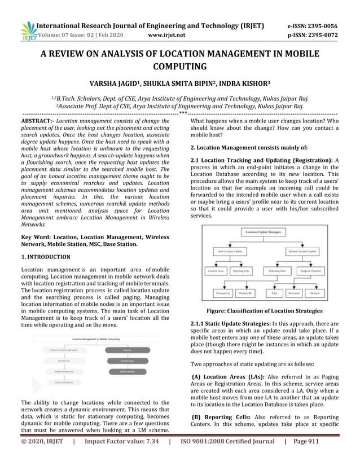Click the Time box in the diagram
274,293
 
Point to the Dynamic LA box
223,293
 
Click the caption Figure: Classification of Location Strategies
264,311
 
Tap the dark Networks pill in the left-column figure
123,350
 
